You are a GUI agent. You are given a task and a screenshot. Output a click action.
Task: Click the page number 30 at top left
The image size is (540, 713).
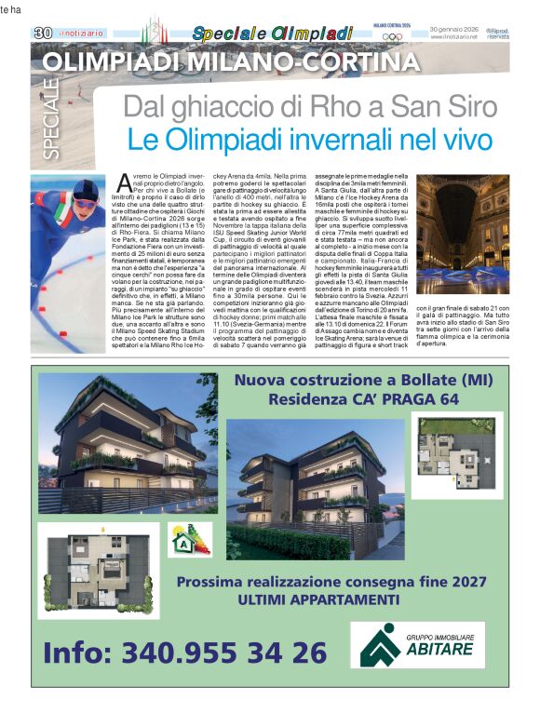point(43,33)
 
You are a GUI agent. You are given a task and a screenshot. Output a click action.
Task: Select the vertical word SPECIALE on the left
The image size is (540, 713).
point(50,119)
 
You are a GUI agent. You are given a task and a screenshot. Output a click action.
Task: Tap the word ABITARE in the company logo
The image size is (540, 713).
point(442,649)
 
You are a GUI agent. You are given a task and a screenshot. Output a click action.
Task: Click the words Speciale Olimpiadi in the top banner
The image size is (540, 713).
point(273,34)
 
